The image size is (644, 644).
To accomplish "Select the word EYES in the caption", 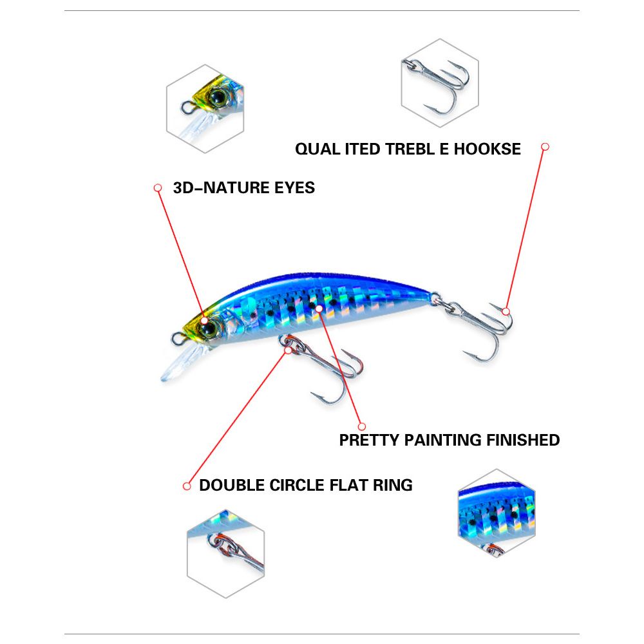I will (293, 188).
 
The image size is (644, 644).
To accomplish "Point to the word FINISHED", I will (523, 440).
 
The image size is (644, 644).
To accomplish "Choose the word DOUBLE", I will (229, 485).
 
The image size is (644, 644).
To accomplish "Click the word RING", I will (393, 485).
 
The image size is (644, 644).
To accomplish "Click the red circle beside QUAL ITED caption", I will (545, 147).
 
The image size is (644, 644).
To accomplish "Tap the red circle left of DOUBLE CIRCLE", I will (187, 486).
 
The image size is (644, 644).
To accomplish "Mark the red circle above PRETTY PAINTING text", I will (361, 426).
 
